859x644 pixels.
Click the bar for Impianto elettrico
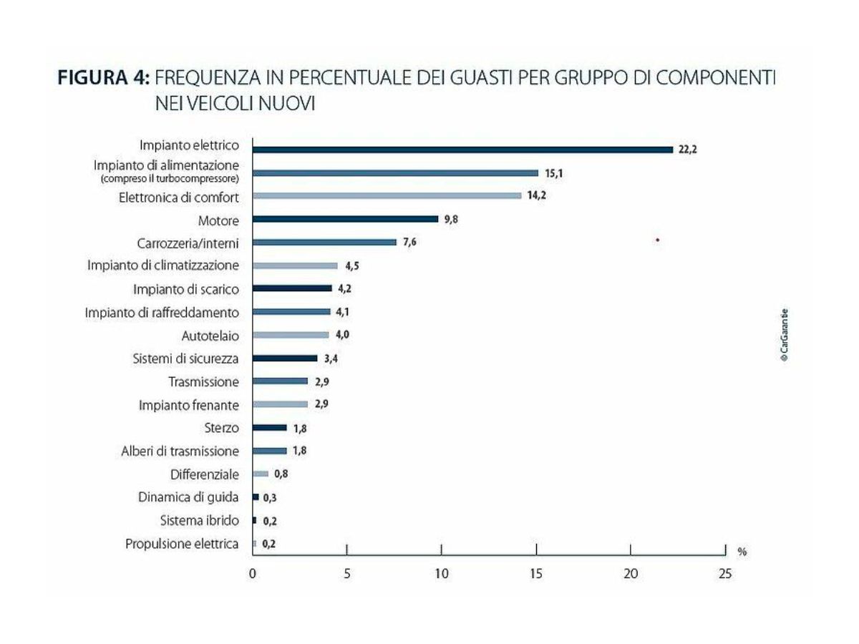462,150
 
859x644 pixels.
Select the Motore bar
345,219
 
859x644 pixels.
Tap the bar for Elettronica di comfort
387,195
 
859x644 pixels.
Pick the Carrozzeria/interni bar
324,243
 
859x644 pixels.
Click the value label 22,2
688,150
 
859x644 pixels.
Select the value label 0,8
281,474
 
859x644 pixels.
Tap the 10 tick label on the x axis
441,575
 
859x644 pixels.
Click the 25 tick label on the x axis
724,575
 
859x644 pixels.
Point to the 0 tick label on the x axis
253,575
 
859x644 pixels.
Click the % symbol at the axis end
742,552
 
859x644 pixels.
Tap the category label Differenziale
205,474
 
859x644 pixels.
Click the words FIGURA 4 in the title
103,79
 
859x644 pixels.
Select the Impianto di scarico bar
292,288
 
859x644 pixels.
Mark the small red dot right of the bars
657,240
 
